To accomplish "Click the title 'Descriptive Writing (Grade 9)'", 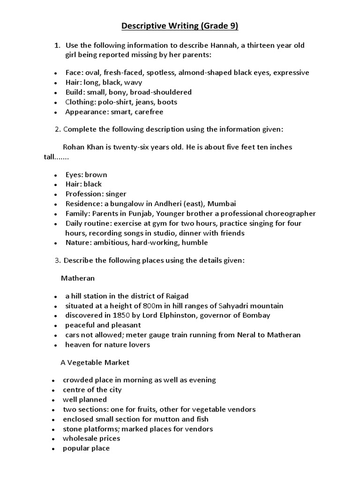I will click(180, 26).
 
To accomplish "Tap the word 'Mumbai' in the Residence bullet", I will click(222, 203).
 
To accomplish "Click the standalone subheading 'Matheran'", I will click(78, 278).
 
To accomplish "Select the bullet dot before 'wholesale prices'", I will click(55, 439).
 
